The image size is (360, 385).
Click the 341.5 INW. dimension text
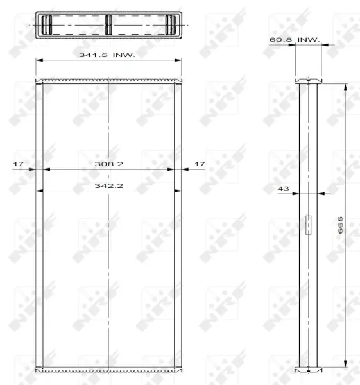click(x=107, y=55)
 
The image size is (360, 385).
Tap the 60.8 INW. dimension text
click(x=295, y=40)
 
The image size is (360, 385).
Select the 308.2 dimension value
click(x=109, y=164)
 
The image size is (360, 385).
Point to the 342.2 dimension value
click(x=109, y=185)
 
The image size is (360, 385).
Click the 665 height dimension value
click(x=340, y=225)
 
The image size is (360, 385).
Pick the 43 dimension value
click(x=283, y=189)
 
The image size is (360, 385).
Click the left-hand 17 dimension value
click(x=18, y=164)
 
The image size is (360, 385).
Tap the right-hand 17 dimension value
click(x=200, y=164)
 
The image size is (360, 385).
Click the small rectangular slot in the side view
click(x=308, y=225)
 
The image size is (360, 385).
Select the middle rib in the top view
click(x=108, y=25)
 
